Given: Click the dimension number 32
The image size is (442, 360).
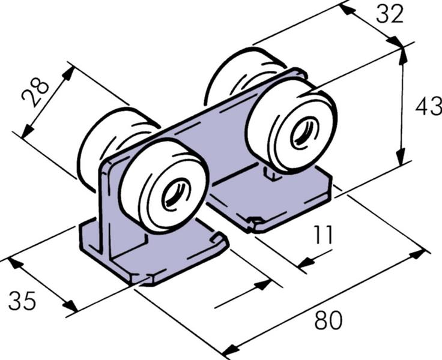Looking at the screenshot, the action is click(390, 14).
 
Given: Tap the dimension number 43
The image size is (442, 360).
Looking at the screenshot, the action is click(429, 106).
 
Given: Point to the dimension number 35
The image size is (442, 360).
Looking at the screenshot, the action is click(22, 301).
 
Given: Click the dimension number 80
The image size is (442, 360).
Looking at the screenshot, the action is click(328, 320).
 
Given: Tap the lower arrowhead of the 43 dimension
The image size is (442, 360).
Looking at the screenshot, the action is click(401, 157).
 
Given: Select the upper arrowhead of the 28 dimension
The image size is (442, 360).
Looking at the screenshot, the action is click(68, 74).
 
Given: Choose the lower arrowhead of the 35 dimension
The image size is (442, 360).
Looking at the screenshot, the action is click(70, 305).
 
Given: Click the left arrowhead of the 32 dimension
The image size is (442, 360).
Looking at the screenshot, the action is click(347, 9).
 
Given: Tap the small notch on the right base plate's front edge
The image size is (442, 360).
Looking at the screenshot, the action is click(255, 220).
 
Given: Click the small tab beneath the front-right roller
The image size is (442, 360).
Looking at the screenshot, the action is click(271, 173).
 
